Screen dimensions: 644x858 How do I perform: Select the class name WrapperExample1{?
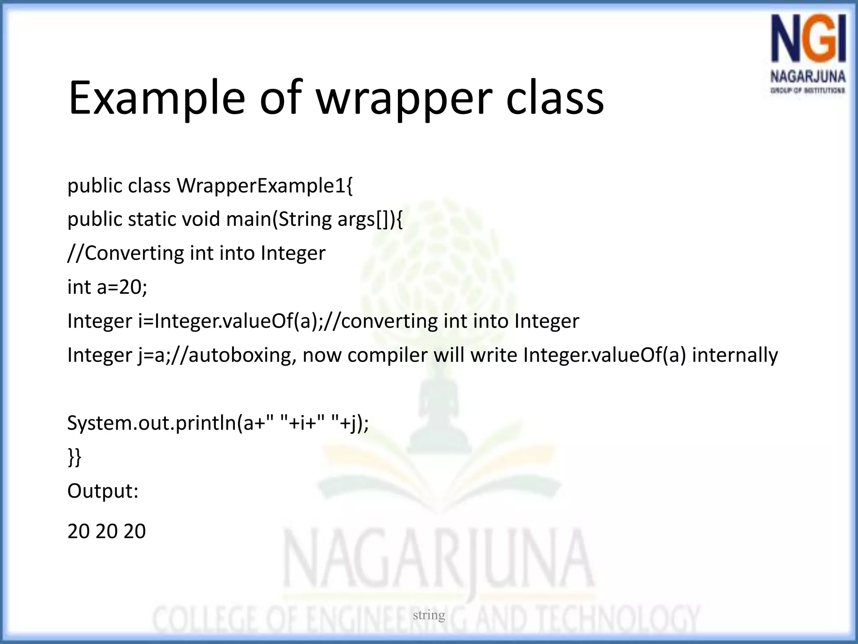(265, 186)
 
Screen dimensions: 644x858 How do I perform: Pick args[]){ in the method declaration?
(370, 219)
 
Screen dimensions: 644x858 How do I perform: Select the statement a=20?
(122, 288)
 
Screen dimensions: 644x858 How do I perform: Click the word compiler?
(387, 355)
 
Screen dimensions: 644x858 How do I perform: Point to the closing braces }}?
(74, 457)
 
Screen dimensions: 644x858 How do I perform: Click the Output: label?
(103, 491)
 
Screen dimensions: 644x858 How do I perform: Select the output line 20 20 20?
(106, 531)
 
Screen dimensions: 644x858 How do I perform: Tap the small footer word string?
(429, 615)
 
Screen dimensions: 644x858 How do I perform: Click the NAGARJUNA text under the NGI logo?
(808, 77)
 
